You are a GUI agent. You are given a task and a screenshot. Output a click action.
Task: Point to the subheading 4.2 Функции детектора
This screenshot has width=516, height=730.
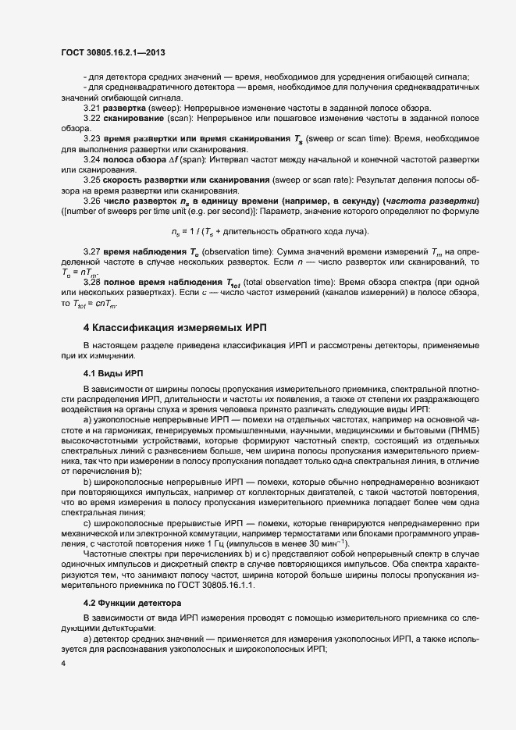[x=132, y=604]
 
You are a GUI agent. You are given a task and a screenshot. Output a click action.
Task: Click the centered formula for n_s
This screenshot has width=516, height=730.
[x=269, y=232]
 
